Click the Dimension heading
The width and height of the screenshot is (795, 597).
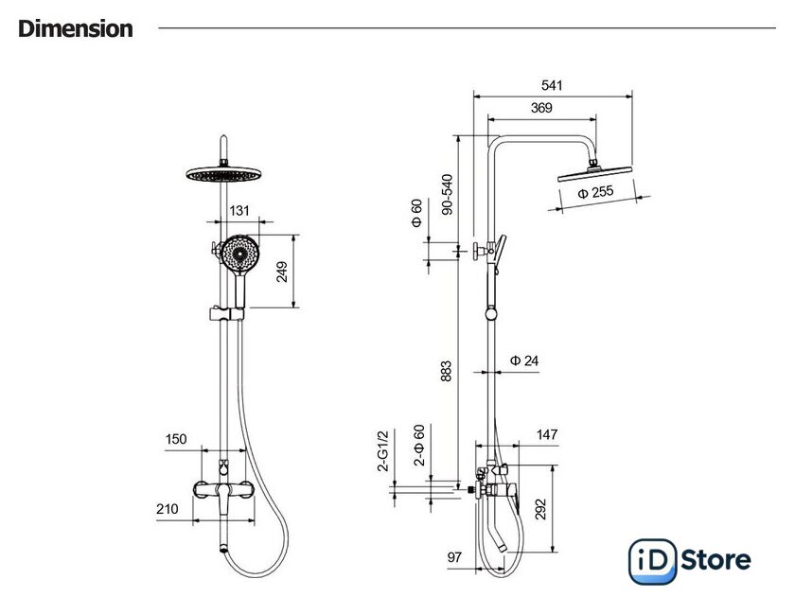coord(76,29)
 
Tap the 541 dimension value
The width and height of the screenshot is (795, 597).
coord(552,85)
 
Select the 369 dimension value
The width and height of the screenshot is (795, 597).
coord(541,108)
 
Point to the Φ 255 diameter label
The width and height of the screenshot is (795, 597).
coord(595,192)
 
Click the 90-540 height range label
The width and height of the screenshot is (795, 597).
coord(447,195)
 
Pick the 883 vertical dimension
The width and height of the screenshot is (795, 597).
coord(446,371)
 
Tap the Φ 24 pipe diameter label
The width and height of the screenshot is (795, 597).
coord(524,360)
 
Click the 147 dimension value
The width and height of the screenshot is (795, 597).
coord(547,434)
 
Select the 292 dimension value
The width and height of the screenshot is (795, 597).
coord(541,509)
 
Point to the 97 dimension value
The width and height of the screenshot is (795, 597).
coord(455,557)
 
